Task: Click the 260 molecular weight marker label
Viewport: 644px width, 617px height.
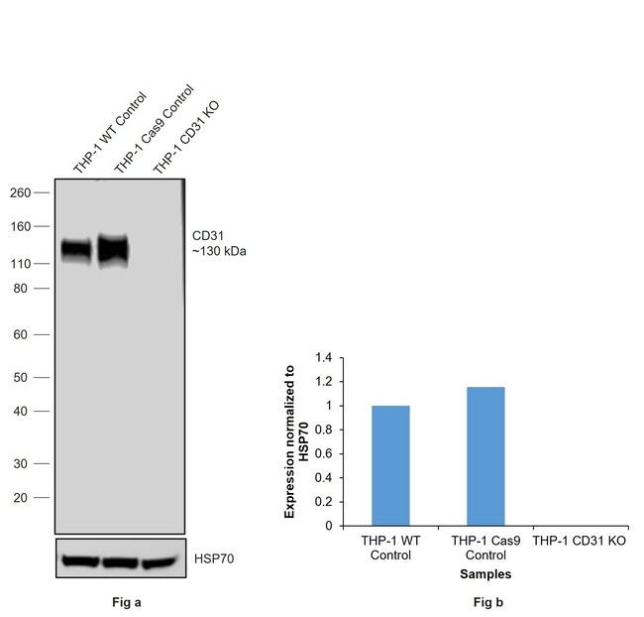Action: (19, 192)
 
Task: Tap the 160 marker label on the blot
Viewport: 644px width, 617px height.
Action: (19, 226)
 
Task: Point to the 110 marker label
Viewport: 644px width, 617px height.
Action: (19, 264)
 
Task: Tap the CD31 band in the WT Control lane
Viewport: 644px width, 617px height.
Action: (76, 250)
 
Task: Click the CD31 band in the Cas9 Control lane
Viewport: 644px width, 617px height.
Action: (114, 250)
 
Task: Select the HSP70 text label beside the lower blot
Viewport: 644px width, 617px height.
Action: (213, 559)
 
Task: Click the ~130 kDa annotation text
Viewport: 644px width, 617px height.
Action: (219, 252)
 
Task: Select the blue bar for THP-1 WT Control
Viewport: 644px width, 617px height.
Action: (390, 465)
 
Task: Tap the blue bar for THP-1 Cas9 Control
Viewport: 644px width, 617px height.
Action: (485, 456)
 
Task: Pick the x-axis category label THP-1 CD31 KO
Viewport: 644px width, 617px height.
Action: (579, 542)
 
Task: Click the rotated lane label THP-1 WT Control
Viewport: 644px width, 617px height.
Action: (109, 131)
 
